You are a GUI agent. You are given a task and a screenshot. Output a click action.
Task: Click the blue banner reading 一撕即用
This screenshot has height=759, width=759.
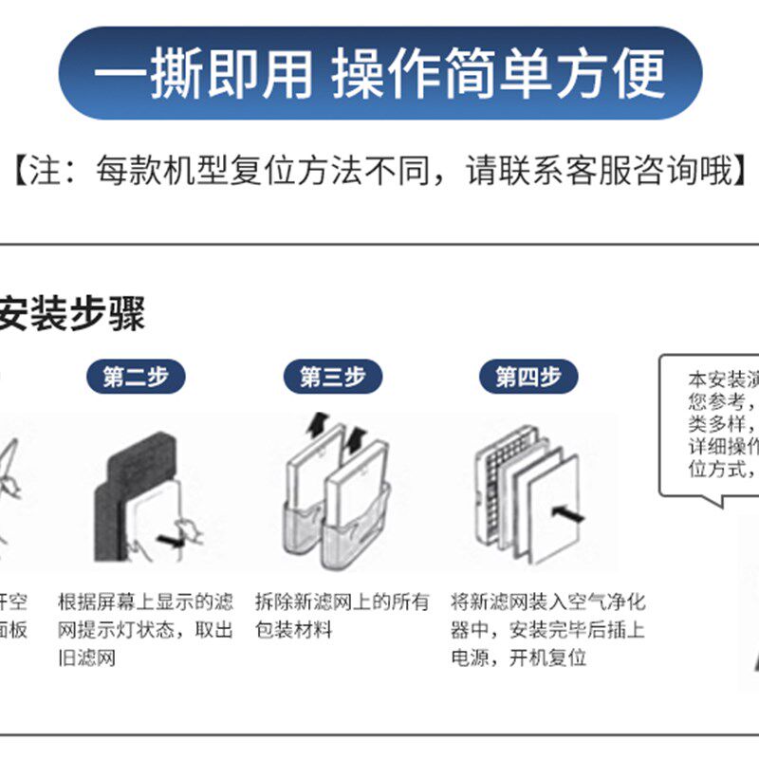(x=379, y=73)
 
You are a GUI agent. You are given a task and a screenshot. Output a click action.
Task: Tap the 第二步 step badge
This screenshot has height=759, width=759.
(x=136, y=377)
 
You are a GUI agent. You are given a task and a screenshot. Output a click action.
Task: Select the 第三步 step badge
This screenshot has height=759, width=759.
(x=332, y=377)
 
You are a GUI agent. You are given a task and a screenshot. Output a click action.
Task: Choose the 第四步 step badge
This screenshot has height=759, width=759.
(x=528, y=377)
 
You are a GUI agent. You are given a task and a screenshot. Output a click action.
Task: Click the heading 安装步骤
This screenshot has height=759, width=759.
(x=72, y=314)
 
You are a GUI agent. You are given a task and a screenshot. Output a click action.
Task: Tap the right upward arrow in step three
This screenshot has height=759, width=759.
(x=355, y=437)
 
